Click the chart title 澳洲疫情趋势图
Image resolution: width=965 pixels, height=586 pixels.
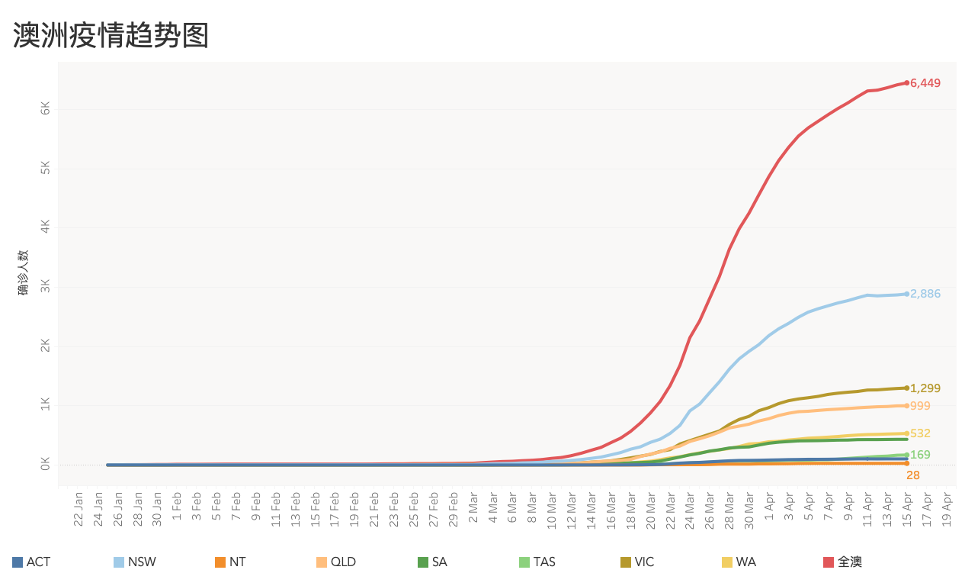pos(111,35)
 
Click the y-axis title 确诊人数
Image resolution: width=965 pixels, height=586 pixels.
pos(23,272)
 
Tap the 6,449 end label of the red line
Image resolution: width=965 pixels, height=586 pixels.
pos(925,83)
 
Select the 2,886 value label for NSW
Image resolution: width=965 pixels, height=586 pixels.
pos(925,294)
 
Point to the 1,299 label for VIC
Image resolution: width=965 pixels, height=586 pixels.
pos(925,388)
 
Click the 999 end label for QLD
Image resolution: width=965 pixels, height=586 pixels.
pos(920,406)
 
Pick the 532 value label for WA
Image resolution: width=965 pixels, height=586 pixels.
pos(920,433)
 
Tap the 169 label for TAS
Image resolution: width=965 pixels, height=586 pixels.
pos(920,455)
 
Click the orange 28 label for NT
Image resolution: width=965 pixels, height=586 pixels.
pos(913,475)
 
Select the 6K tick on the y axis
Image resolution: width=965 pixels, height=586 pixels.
pos(46,108)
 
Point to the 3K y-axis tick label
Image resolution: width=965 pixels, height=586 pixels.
pos(46,286)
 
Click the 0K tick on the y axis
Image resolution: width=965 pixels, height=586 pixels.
pos(46,464)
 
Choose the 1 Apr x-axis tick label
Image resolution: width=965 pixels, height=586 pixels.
pos(768,506)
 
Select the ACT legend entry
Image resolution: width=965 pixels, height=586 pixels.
pos(31,562)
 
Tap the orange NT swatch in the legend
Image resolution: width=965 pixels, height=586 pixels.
pos(220,562)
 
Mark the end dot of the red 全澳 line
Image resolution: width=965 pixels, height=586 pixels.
pos(906,82)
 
